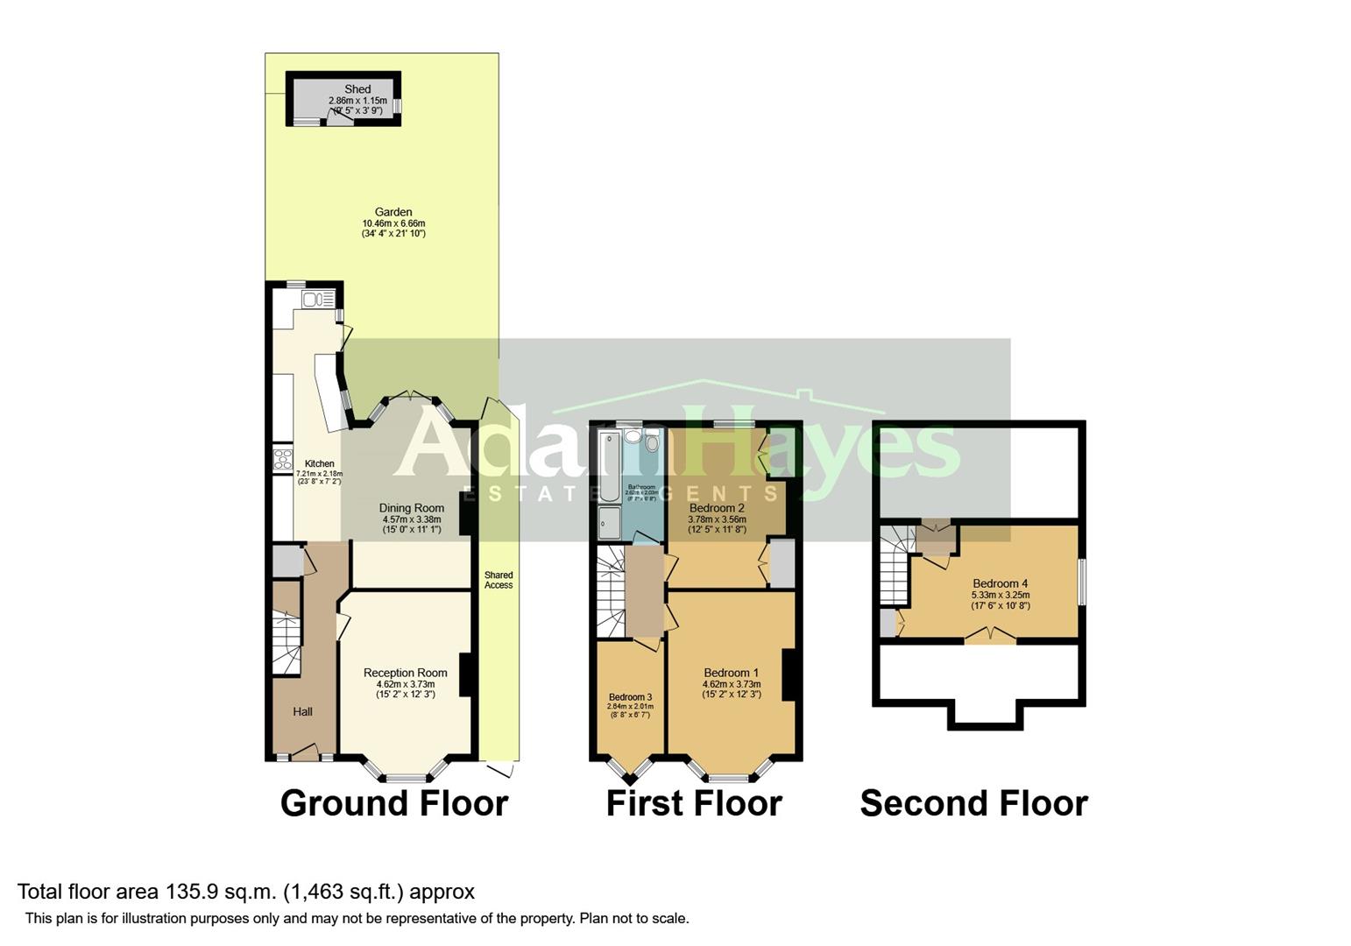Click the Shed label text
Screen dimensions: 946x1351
(357, 89)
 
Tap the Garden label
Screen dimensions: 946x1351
(393, 212)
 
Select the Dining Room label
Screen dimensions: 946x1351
(411, 508)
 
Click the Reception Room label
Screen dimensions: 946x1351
(406, 673)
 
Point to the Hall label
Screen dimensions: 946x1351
(302, 711)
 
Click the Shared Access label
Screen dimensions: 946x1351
(499, 580)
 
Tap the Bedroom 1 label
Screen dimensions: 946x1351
(732, 673)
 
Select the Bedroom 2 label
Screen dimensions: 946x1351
(717, 508)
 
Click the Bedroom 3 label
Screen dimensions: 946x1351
(630, 697)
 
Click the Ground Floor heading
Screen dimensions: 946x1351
(394, 803)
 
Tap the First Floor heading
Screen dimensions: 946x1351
(694, 803)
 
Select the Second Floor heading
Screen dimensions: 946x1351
(973, 803)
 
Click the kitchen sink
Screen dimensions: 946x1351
(313, 300)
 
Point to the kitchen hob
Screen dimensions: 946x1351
(282, 460)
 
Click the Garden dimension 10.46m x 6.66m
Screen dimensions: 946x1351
(393, 223)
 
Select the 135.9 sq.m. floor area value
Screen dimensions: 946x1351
(222, 892)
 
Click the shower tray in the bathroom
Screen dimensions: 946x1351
(610, 523)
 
